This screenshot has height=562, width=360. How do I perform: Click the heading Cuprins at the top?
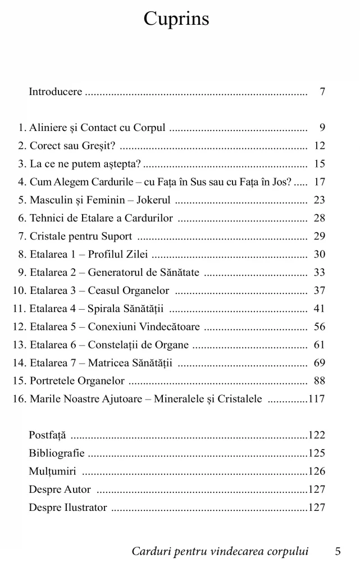176,19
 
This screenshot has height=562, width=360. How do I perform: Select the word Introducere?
55,91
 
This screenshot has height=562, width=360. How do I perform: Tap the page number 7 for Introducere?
322,91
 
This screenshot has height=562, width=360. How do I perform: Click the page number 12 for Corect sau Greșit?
320,146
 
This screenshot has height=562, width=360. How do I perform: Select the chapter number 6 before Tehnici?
21,218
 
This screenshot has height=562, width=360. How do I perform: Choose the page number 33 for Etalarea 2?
320,273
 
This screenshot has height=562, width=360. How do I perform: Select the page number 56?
320,327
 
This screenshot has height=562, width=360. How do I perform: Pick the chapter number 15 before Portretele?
18,381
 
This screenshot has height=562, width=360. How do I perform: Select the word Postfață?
47,435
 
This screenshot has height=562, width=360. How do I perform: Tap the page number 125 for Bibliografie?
317,453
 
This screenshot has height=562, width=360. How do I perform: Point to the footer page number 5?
338,551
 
